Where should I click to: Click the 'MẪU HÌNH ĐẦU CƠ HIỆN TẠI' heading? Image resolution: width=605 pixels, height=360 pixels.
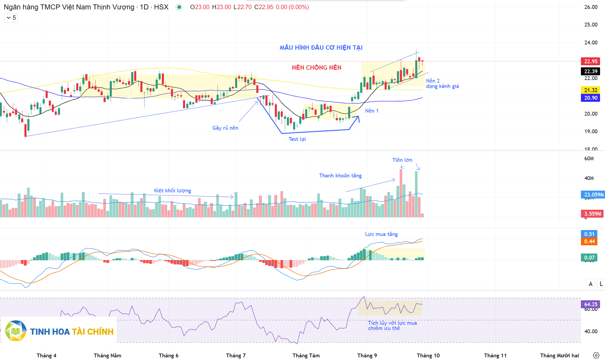(x=321, y=48)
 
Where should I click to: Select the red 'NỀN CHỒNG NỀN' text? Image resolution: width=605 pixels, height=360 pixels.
(x=317, y=68)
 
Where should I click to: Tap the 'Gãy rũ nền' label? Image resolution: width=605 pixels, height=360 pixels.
(x=225, y=128)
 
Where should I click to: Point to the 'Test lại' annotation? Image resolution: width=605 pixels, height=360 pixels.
(x=297, y=139)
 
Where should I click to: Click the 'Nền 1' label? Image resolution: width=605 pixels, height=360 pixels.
(x=372, y=111)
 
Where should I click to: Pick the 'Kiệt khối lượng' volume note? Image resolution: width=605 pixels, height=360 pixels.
(x=172, y=191)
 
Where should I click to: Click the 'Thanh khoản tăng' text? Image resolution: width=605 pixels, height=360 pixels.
(x=340, y=176)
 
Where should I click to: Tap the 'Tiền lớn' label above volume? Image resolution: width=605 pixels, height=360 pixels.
(x=402, y=160)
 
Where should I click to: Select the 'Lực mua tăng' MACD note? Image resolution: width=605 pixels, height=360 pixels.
(x=381, y=234)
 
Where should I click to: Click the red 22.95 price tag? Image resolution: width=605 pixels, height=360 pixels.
(x=591, y=61)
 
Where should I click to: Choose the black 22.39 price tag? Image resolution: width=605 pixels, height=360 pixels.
(x=591, y=71)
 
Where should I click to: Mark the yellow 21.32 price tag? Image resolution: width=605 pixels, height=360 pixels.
(x=591, y=90)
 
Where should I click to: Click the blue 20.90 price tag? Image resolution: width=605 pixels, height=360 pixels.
(x=591, y=98)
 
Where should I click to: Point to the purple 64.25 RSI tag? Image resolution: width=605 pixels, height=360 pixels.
(x=591, y=304)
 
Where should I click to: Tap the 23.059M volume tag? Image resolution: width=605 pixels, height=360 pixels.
(x=593, y=195)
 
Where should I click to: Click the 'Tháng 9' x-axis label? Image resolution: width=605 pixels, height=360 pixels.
(x=367, y=356)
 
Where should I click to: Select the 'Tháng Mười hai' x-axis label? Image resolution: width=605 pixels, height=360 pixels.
(x=559, y=356)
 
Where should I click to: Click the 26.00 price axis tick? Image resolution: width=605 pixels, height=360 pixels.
(x=591, y=7)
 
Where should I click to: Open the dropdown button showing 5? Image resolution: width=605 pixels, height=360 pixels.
(x=11, y=18)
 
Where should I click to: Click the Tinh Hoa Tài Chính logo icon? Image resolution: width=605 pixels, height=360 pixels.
(x=16, y=331)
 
